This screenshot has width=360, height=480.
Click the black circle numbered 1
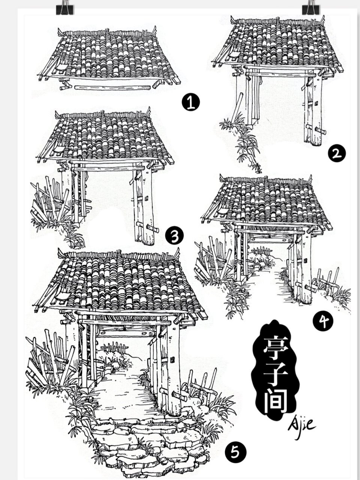(190, 102)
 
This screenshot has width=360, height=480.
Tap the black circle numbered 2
(336, 154)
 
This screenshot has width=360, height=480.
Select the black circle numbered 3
(174, 236)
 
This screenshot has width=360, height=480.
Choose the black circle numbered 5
(235, 452)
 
